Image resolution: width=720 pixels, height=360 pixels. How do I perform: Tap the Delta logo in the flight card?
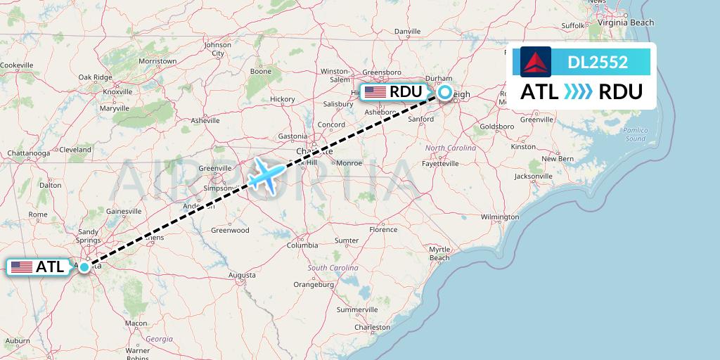click(x=536, y=62)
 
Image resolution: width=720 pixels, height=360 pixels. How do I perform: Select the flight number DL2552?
click(x=598, y=62)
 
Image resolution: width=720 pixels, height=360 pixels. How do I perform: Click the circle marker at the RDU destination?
click(x=446, y=92)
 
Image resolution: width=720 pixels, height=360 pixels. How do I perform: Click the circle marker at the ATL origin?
click(x=84, y=267)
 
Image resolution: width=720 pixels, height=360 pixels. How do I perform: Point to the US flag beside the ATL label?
click(x=22, y=267)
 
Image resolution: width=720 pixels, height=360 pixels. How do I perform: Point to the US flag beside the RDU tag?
click(x=375, y=92)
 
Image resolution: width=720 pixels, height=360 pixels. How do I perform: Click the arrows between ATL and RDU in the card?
click(x=579, y=92)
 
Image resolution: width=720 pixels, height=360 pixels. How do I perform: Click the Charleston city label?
click(x=373, y=327)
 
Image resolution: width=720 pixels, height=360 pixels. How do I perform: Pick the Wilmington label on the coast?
click(x=500, y=217)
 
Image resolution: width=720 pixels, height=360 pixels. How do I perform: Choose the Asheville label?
click(x=205, y=120)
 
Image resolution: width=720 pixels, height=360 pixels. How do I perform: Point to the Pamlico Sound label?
click(x=635, y=134)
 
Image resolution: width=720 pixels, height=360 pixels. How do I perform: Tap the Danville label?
click(x=407, y=32)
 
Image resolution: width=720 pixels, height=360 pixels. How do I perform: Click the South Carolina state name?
click(x=333, y=269)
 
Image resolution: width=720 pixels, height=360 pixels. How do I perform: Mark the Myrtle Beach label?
click(x=439, y=254)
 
